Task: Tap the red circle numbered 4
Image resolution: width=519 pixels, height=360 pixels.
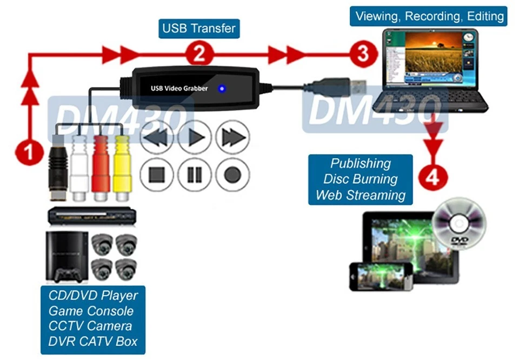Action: pos(432,177)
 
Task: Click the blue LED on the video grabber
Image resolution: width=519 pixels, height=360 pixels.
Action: pos(221,88)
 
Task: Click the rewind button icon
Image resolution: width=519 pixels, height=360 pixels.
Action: pos(157,137)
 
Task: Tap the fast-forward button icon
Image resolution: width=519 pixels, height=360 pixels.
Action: pos(232,137)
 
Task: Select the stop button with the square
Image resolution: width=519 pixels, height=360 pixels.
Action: pos(157,175)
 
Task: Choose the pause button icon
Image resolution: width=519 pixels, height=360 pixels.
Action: pos(195,175)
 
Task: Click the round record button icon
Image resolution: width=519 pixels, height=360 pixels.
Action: pos(232,175)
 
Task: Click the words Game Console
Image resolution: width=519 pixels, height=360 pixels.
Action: pos(91,311)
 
